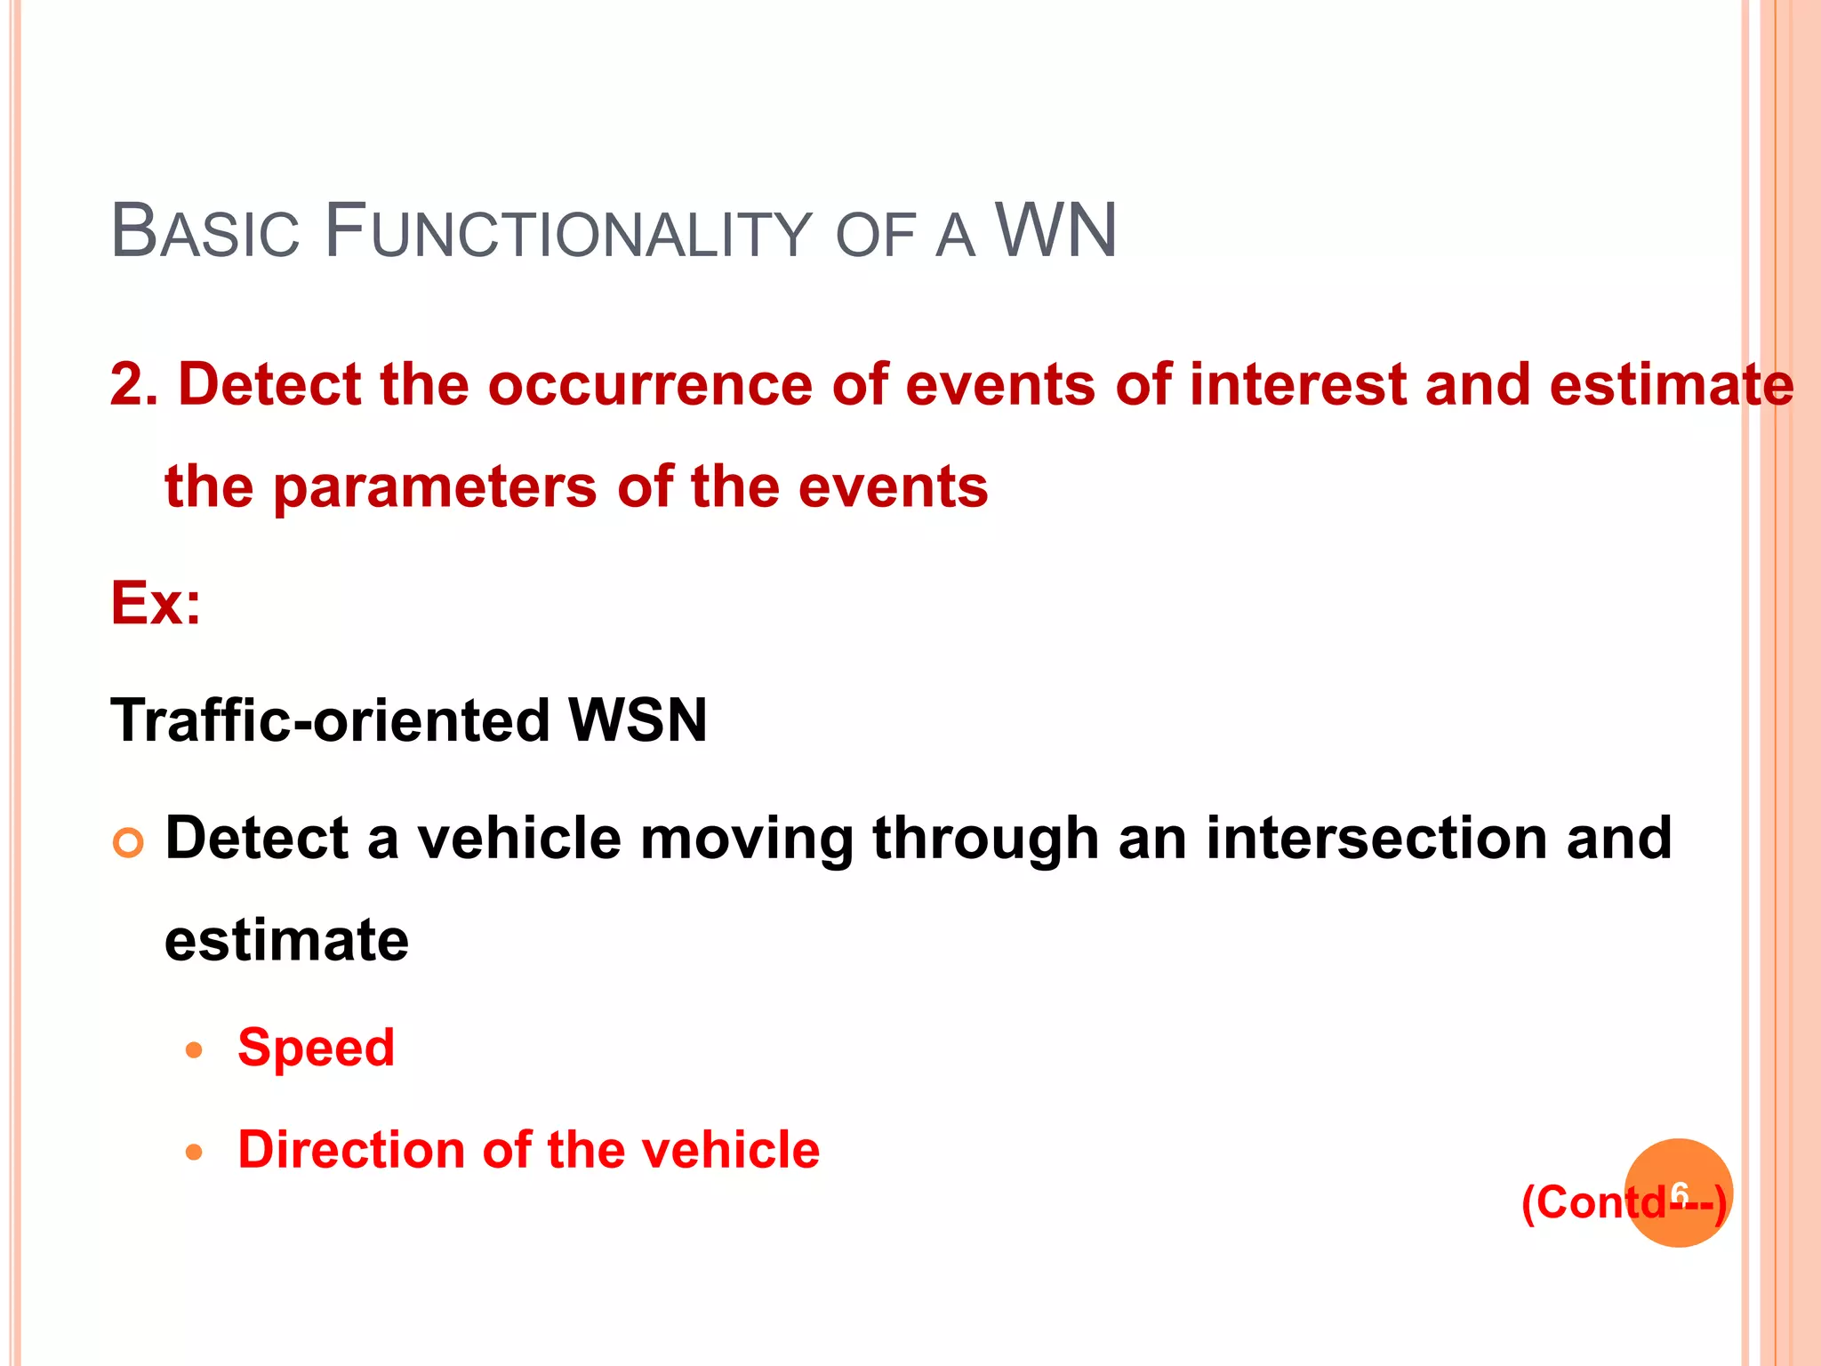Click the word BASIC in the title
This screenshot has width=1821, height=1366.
205,232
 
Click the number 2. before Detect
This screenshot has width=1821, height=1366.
133,385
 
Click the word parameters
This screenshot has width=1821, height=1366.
435,487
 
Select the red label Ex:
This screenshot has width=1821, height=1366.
156,604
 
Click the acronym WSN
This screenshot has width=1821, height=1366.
638,719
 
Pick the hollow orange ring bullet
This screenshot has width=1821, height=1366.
129,842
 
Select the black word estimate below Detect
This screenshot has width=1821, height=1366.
286,941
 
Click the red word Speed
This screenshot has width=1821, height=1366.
316,1047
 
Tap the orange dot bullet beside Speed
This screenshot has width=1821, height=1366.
195,1051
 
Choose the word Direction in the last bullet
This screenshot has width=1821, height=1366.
350,1149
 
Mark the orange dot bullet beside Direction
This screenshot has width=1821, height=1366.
195,1153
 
